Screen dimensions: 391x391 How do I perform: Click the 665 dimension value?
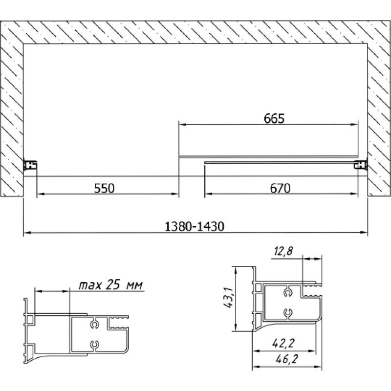(x=274, y=118)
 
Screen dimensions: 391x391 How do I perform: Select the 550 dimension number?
(x=104, y=188)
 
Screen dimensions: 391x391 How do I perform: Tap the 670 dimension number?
(x=280, y=188)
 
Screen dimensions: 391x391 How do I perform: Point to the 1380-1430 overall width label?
(x=195, y=227)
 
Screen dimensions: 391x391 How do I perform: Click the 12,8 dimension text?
(x=283, y=251)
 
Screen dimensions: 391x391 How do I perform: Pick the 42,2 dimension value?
(x=283, y=344)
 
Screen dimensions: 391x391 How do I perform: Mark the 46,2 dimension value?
(x=287, y=359)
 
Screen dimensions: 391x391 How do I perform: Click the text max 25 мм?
(x=111, y=285)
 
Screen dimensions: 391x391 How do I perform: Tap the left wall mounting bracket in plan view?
(x=30, y=165)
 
